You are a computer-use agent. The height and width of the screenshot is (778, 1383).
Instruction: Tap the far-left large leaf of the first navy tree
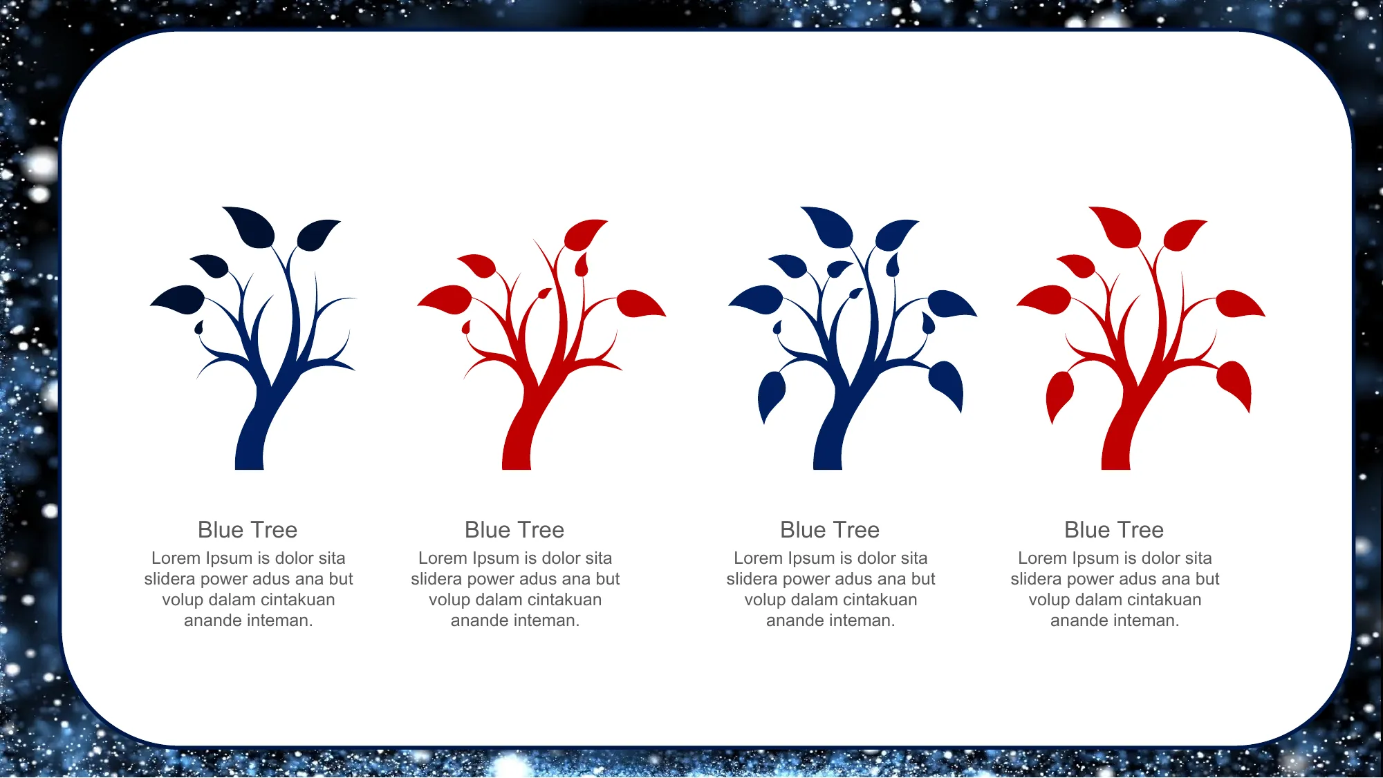pyautogui.click(x=178, y=299)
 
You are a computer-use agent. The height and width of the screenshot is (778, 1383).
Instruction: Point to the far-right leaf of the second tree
pyautogui.click(x=640, y=304)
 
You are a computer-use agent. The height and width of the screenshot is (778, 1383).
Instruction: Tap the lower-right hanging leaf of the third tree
pyautogui.click(x=947, y=385)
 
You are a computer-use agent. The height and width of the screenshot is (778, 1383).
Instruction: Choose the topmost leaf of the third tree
pyautogui.click(x=828, y=227)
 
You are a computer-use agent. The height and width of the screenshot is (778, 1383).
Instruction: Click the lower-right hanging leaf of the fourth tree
pyautogui.click(x=1235, y=385)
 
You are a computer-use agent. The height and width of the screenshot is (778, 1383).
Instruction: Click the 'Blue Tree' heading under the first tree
pyautogui.click(x=248, y=530)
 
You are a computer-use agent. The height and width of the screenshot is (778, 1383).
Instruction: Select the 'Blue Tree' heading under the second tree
pyautogui.click(x=514, y=530)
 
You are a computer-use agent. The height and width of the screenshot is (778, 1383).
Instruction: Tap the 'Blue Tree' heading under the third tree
pyautogui.click(x=830, y=530)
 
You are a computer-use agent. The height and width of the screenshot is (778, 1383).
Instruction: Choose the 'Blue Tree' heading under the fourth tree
pyautogui.click(x=1114, y=530)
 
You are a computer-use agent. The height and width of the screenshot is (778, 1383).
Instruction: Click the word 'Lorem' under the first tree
pyautogui.click(x=174, y=558)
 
